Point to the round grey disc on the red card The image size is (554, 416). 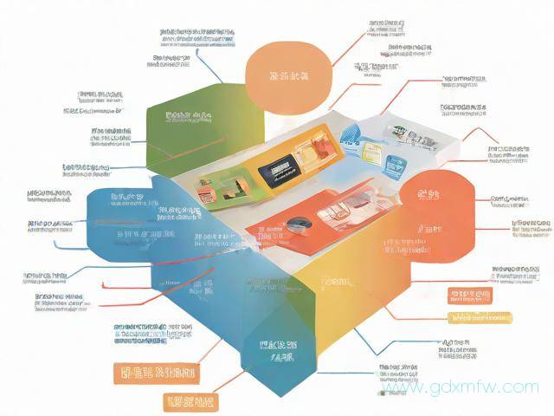(x=297, y=223)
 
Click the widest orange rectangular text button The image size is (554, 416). (x=154, y=374)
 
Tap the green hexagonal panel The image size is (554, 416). (x=182, y=130)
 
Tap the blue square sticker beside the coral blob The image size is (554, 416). (x=397, y=164)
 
